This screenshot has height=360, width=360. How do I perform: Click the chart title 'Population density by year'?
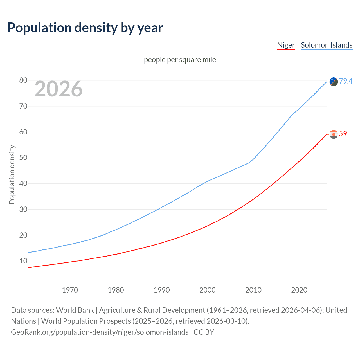point(85,28)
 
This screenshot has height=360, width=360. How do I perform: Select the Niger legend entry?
point(286,45)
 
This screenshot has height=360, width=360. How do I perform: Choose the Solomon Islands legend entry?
point(327,45)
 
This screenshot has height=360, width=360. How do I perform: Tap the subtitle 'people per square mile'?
point(180,60)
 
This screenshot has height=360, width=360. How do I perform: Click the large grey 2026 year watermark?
point(58,89)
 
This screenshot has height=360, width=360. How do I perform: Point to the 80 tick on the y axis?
point(23,80)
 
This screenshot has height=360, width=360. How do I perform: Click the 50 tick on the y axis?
point(23,158)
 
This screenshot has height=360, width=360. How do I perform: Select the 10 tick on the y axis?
point(23,261)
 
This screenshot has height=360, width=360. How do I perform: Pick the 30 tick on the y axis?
point(23,209)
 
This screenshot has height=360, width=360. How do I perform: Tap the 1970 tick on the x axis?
point(70,290)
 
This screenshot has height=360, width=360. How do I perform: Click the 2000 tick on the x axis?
point(207,290)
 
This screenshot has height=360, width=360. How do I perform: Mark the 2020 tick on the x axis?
point(299,290)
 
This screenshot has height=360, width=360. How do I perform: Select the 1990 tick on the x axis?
point(161,290)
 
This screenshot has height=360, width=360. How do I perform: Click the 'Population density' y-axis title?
point(12,174)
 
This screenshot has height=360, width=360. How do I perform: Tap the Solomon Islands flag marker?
point(334,82)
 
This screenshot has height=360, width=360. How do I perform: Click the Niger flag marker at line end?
point(334,134)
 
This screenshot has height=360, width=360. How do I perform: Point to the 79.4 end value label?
point(346,81)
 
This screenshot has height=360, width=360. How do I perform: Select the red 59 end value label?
point(343,134)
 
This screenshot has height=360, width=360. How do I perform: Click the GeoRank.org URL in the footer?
point(100,332)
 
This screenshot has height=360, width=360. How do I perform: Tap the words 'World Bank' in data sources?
point(75,310)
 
